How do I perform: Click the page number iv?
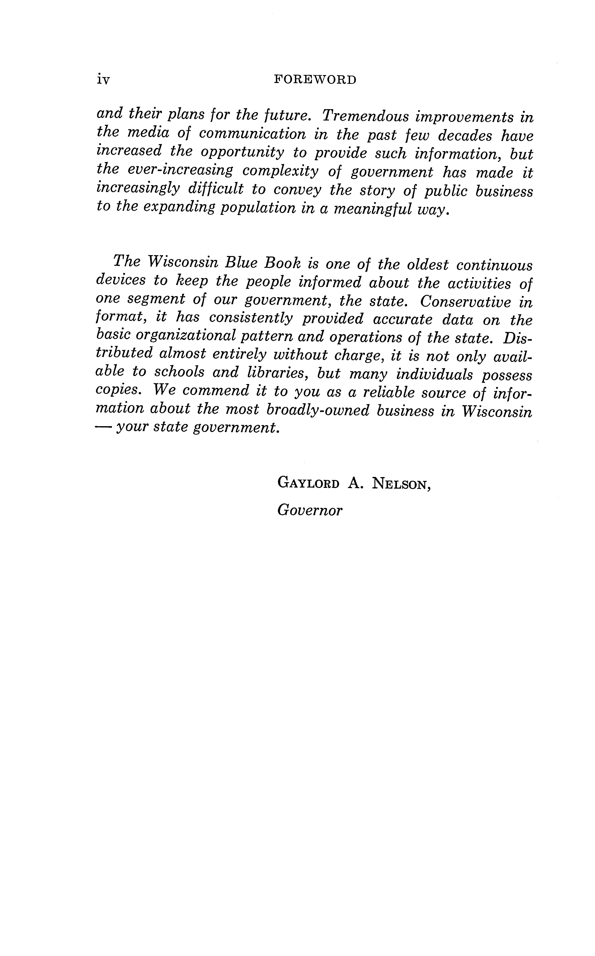coord(103,80)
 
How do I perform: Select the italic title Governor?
coord(310,511)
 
